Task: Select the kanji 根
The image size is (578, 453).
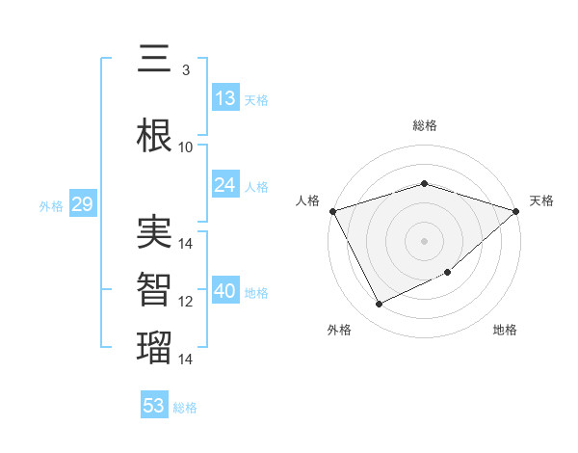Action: (x=154, y=136)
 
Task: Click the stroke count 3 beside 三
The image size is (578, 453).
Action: (x=185, y=70)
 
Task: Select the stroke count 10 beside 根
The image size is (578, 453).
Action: (x=186, y=147)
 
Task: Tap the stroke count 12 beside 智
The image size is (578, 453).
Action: (x=186, y=302)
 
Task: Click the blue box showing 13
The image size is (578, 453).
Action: (x=225, y=98)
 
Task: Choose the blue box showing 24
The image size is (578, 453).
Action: (x=225, y=185)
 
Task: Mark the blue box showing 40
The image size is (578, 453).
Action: (x=225, y=291)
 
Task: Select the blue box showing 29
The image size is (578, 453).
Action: (x=82, y=204)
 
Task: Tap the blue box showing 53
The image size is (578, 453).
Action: (x=154, y=406)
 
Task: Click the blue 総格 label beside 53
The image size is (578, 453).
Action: (x=185, y=408)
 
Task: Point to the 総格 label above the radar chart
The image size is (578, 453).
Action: (x=424, y=125)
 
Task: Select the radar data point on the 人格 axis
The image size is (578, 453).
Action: (x=332, y=211)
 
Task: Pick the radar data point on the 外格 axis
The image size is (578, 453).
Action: (x=379, y=305)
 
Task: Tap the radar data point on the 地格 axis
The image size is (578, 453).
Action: (x=448, y=273)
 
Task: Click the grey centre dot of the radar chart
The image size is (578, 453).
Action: (x=424, y=241)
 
